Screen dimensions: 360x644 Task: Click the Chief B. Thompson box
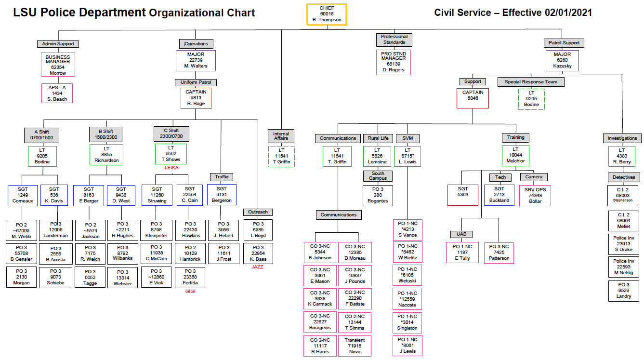click(327, 14)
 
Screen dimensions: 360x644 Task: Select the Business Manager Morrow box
click(58, 65)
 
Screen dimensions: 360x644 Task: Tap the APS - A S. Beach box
click(57, 93)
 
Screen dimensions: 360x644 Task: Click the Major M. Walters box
click(196, 60)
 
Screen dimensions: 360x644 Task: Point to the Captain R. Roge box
click(196, 98)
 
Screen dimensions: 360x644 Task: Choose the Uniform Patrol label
click(196, 82)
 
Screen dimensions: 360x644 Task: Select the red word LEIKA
click(171, 168)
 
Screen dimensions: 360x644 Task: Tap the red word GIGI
click(190, 291)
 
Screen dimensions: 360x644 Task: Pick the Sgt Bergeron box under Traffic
click(222, 194)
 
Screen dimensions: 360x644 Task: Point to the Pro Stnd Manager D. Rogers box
click(394, 62)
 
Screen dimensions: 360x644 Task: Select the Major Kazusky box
click(562, 60)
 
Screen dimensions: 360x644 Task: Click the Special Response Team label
click(531, 82)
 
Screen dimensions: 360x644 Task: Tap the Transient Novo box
click(355, 346)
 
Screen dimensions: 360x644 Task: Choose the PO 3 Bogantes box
click(378, 195)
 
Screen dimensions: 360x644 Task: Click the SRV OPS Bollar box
click(535, 195)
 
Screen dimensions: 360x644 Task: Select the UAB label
click(461, 234)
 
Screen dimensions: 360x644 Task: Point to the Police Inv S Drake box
click(624, 244)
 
